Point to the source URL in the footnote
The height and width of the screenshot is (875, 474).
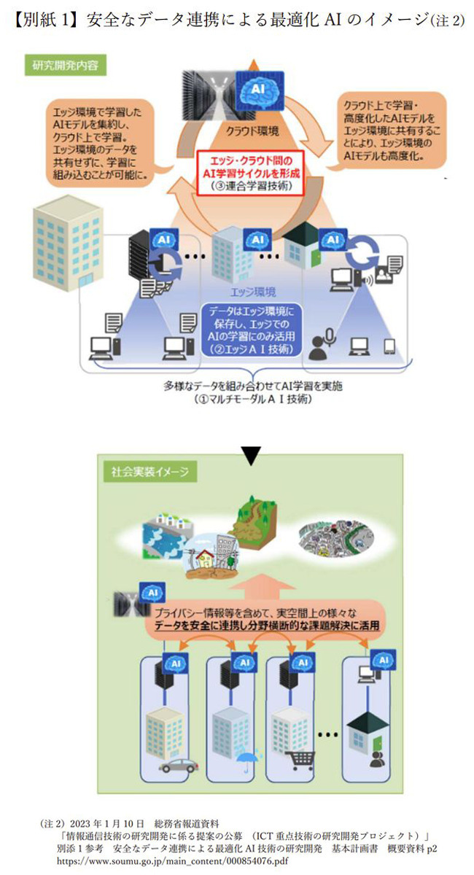(x=153, y=861)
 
